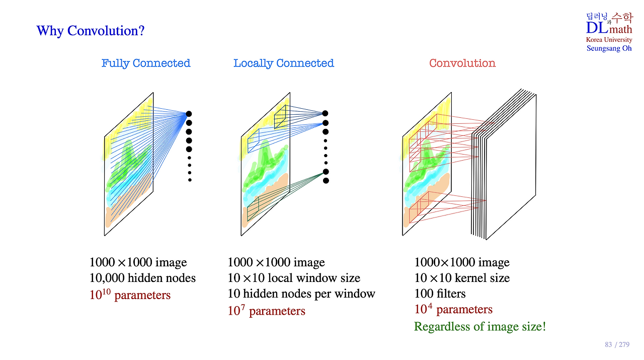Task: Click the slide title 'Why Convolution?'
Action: tap(91, 31)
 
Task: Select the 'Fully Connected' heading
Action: tap(146, 63)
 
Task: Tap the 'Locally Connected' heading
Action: tap(283, 63)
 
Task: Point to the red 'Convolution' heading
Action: tap(462, 63)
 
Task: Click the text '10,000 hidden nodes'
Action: tap(142, 278)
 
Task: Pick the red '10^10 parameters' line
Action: tap(130, 295)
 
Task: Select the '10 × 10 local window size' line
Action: tap(294, 278)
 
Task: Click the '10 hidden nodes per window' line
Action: tap(301, 294)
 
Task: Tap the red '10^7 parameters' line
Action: tap(266, 311)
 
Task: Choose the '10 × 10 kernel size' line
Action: tap(462, 278)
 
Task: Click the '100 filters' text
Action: tap(440, 294)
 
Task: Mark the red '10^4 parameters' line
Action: tap(453, 309)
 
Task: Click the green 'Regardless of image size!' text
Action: tap(480, 327)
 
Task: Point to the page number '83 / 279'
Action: tap(617, 345)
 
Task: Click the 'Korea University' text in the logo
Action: tap(609, 40)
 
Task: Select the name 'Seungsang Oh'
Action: tap(609, 48)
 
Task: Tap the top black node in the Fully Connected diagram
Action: tap(189, 114)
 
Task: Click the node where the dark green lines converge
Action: tap(326, 172)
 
